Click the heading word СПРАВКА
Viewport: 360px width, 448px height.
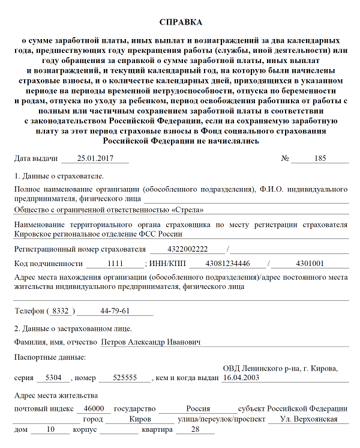tap(181, 22)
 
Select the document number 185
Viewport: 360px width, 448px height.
tap(320, 159)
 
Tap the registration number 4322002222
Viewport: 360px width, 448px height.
tap(187, 249)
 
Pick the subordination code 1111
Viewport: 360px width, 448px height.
tap(115, 264)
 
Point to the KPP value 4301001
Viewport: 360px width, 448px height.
tap(310, 264)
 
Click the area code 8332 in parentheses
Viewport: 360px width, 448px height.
tap(61, 311)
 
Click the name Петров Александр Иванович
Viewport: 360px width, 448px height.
tap(151, 342)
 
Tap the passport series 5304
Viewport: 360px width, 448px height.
tap(53, 378)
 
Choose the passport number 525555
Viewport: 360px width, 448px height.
tap(124, 378)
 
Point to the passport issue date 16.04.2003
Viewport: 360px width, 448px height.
tap(240, 378)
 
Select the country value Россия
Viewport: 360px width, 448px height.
tap(198, 409)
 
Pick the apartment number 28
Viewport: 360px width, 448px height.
tap(194, 430)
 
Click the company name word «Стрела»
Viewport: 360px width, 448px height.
tap(187, 210)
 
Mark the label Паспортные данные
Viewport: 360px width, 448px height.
tap(49, 358)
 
